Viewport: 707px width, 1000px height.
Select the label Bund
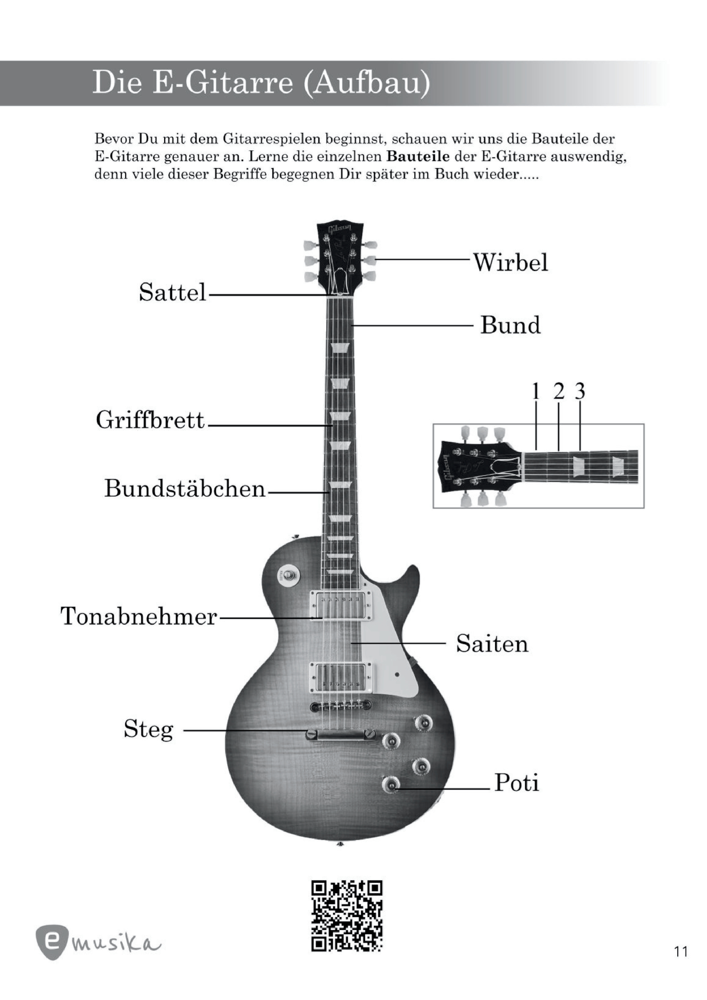click(510, 325)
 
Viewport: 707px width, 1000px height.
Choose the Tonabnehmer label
click(138, 616)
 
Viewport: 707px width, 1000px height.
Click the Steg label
click(149, 730)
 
